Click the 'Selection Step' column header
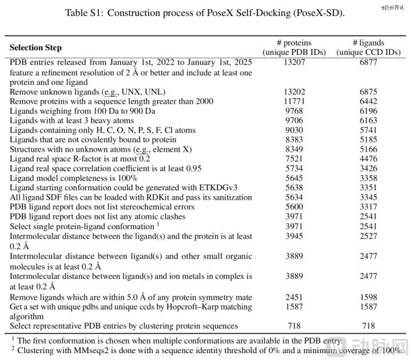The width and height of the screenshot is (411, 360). [35, 47]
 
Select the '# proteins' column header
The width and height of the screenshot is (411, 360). [294, 42]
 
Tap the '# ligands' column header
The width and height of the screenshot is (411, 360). [368, 42]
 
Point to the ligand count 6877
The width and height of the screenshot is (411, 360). [368, 62]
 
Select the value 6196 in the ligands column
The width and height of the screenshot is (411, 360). [368, 111]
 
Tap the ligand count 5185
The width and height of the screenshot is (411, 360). [368, 140]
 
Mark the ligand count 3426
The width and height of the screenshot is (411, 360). [368, 169]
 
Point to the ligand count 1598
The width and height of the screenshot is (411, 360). [368, 297]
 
